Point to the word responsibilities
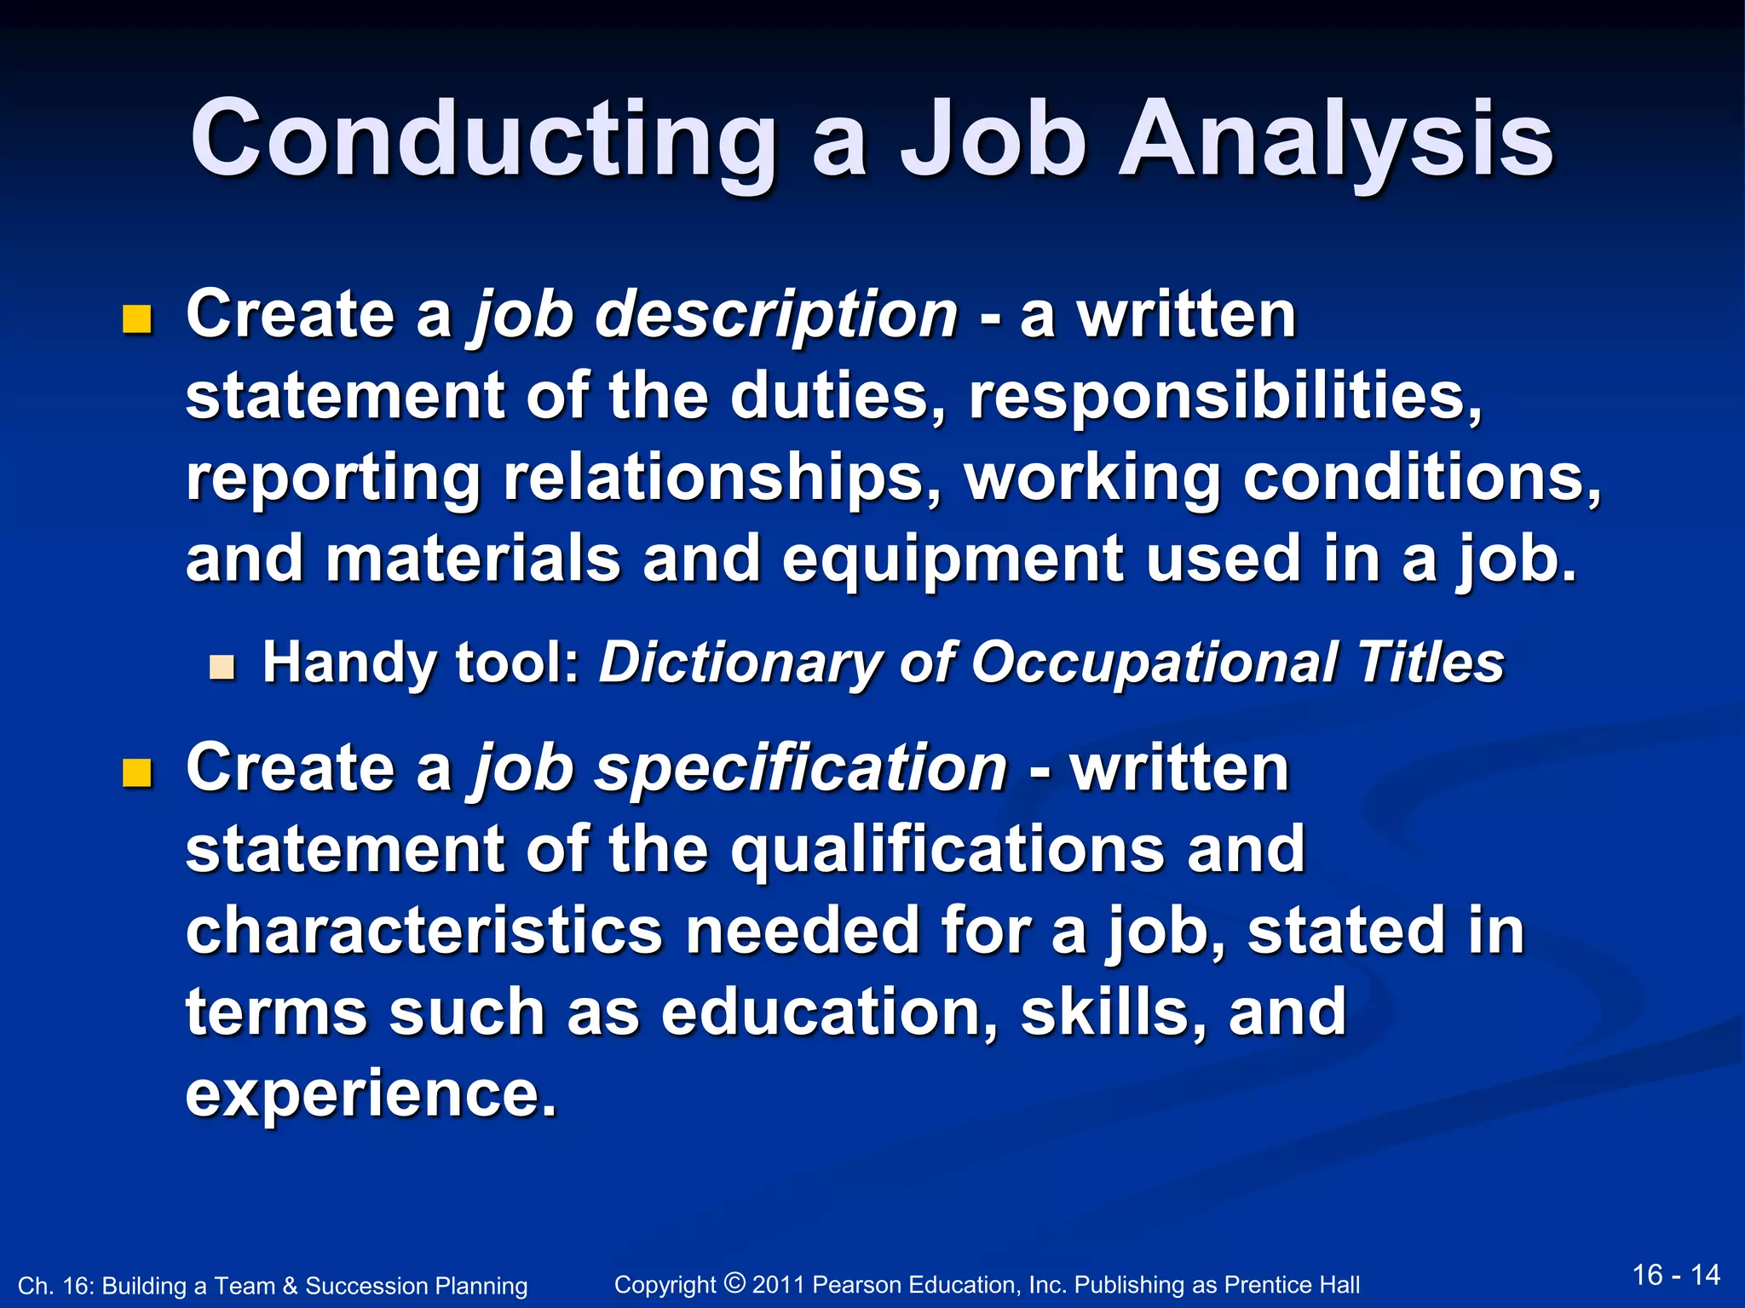pos(1225,397)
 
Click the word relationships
pos(722,479)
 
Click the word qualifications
pos(947,850)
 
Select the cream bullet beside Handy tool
pos(222,667)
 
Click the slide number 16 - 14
pos(1676,1275)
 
